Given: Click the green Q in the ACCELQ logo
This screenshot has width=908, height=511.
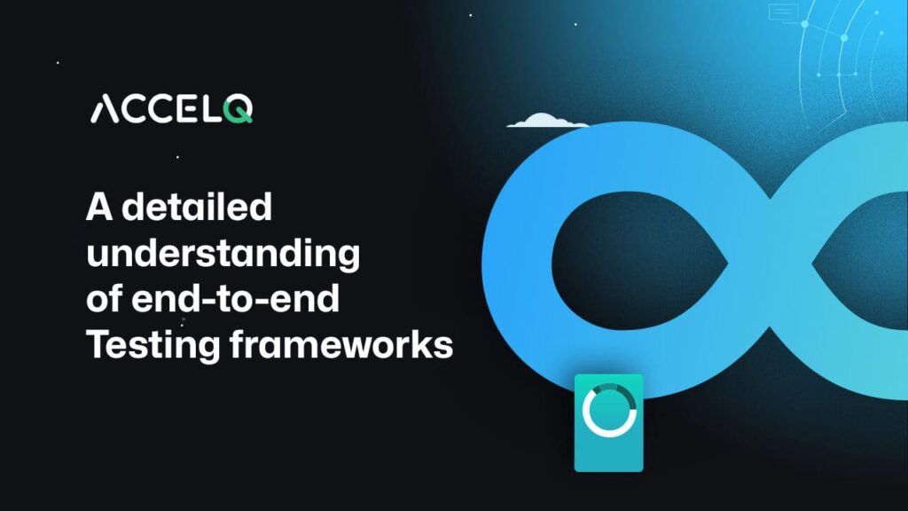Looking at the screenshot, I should point(239,109).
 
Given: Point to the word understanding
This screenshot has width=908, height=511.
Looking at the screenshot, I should point(223,254).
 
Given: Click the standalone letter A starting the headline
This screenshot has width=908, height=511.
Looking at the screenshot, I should point(98,208).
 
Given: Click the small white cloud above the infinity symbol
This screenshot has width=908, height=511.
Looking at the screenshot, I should point(547,121).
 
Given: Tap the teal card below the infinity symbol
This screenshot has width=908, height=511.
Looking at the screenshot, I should point(608,422).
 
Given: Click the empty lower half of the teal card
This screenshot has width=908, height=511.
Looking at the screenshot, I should point(608,452).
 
